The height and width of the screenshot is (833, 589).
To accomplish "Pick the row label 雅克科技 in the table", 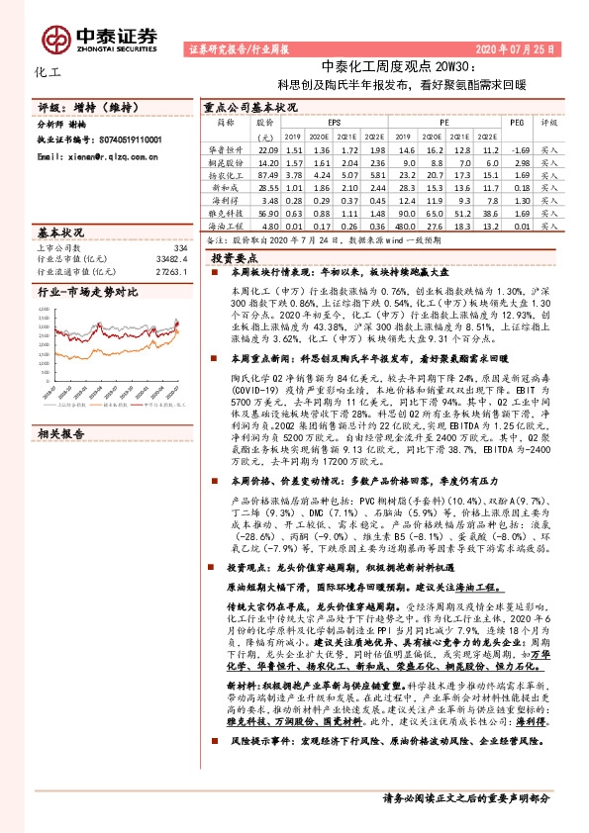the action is pos(224,213).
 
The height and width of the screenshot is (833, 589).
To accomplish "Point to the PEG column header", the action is pos(516,123).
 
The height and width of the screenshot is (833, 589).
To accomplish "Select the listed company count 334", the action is pos(179,247).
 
